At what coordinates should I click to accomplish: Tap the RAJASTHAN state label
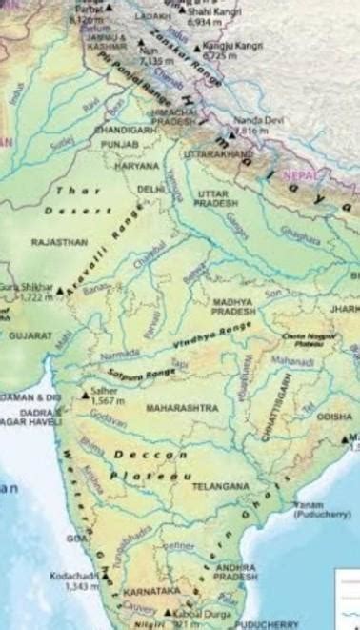tap(59, 243)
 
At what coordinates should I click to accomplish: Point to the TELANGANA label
tap(219, 485)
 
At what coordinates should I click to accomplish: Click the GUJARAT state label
tap(30, 335)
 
